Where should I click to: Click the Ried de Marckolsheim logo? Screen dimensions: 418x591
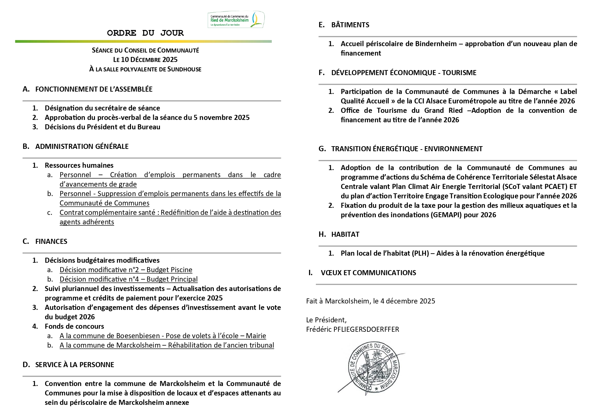(236, 20)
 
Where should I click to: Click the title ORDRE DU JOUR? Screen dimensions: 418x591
(145, 33)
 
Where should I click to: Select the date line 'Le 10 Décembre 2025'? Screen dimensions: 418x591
(145, 60)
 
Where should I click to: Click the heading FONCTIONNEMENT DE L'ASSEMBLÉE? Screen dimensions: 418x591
(94, 89)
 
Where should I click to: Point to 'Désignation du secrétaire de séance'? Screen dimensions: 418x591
(102, 108)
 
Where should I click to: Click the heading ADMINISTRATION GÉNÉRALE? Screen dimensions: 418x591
(82, 147)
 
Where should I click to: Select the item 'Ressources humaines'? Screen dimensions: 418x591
(79, 165)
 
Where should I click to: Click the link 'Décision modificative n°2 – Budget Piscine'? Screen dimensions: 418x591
(126, 270)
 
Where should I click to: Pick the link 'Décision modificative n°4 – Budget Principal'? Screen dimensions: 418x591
(128, 279)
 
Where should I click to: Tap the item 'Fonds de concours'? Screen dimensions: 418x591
(74, 326)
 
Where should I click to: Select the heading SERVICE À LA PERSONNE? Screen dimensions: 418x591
(74, 365)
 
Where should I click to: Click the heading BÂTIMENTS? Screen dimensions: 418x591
(350, 25)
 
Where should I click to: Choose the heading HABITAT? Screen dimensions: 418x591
(345, 234)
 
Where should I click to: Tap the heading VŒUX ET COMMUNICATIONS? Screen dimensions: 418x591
(368, 273)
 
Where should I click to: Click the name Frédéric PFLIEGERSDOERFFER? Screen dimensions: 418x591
(352, 329)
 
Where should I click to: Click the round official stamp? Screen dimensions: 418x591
(374, 367)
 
